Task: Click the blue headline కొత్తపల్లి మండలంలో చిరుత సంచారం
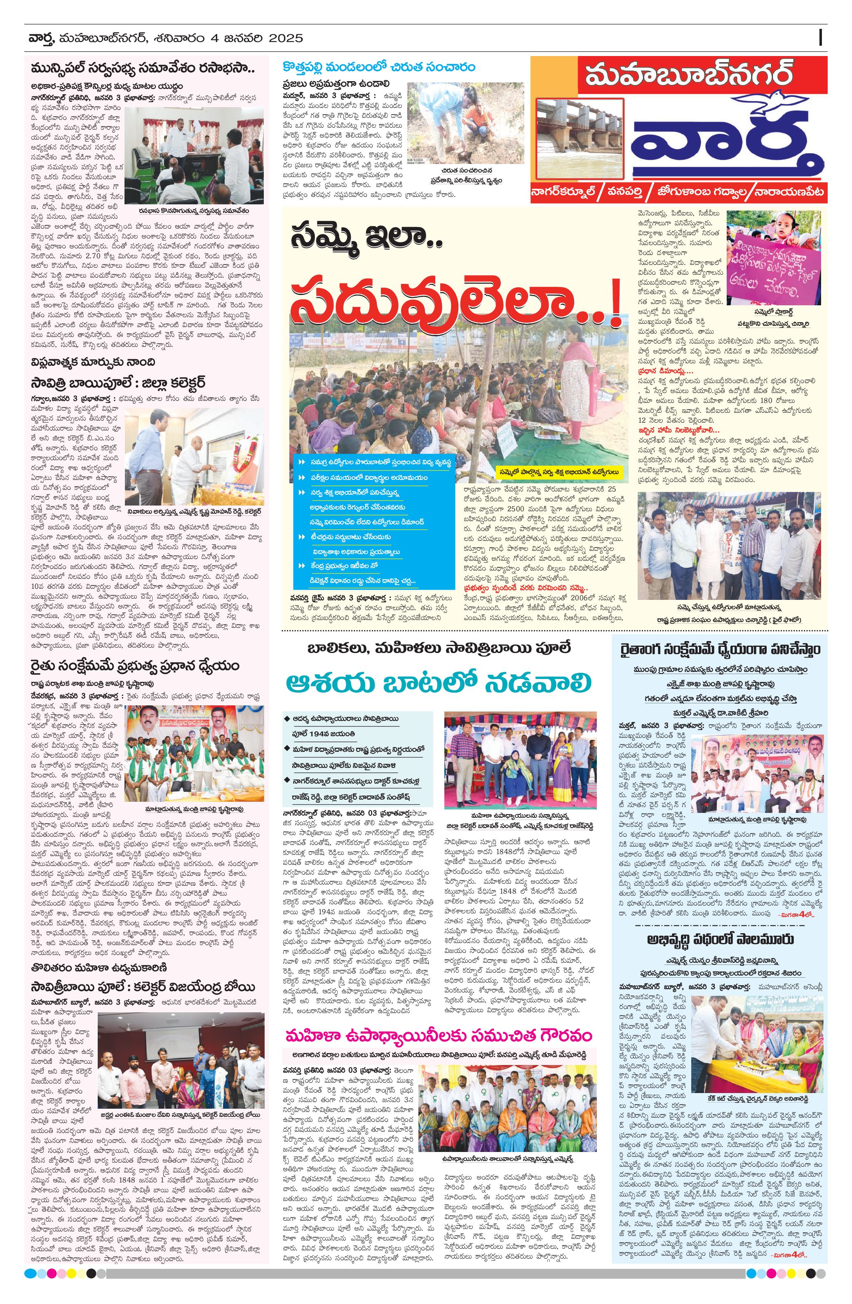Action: click(x=379, y=68)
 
